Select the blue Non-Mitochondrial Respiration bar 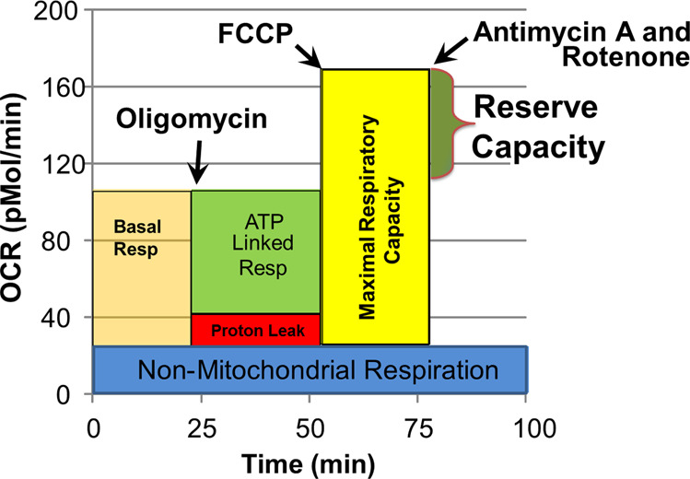point(310,371)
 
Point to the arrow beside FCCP point(310,58)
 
